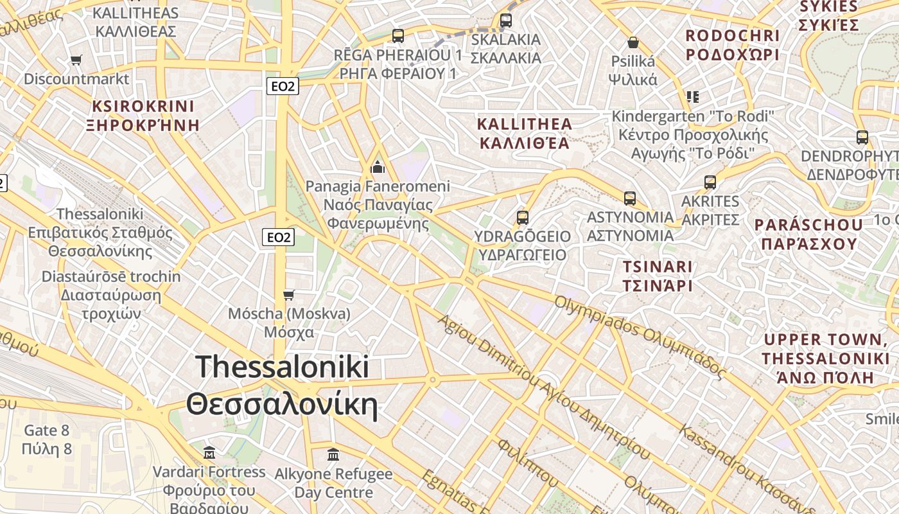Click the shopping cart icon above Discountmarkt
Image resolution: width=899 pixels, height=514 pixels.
(x=76, y=60)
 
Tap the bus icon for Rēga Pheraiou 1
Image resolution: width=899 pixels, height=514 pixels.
(x=398, y=36)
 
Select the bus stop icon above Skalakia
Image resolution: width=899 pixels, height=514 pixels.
(x=506, y=21)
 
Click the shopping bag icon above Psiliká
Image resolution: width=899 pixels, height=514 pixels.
(x=633, y=42)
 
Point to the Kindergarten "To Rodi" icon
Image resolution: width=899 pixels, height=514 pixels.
(x=692, y=97)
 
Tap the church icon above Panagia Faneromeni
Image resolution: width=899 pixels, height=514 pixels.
(x=378, y=168)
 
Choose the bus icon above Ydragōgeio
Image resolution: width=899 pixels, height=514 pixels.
(x=523, y=218)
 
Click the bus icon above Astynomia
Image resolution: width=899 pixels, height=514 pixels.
(x=630, y=199)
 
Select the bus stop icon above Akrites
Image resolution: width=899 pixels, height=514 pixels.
(x=710, y=182)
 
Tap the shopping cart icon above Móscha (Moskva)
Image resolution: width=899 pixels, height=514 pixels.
(x=289, y=295)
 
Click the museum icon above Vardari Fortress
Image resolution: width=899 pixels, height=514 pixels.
(x=209, y=453)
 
